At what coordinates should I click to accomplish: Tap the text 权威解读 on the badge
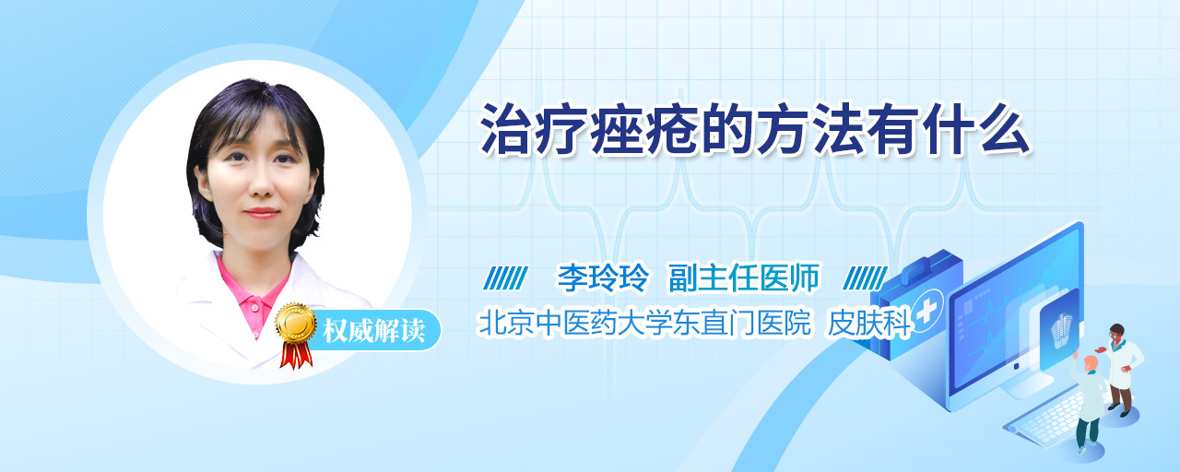click(373, 331)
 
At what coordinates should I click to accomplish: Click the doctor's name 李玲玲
click(603, 277)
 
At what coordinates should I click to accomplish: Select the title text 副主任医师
click(744, 277)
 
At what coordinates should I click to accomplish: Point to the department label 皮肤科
click(869, 323)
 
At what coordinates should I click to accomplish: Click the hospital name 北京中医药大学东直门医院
click(644, 323)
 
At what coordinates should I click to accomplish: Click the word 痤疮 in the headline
click(645, 130)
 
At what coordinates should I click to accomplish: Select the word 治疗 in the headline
click(534, 130)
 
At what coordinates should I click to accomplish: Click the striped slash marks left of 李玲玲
click(506, 278)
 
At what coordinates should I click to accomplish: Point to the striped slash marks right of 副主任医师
click(865, 278)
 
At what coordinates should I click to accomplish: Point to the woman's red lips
click(261, 213)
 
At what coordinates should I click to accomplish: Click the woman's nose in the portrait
click(261, 183)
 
